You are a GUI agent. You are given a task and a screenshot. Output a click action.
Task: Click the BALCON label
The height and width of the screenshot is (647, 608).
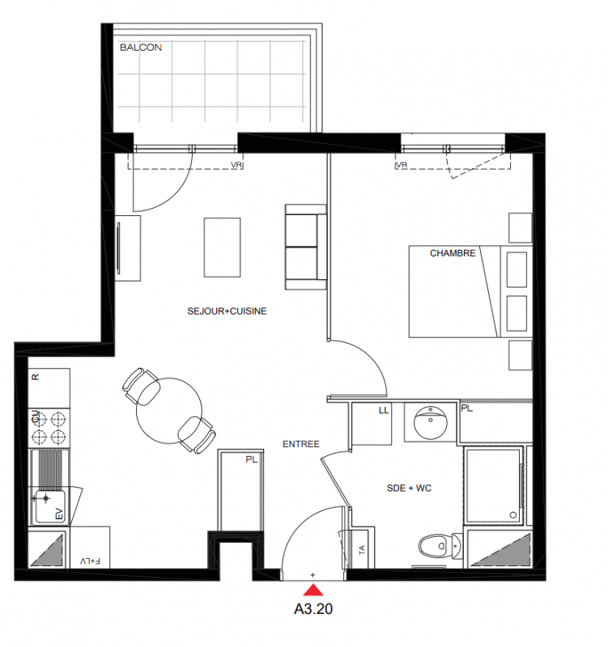[x=140, y=48]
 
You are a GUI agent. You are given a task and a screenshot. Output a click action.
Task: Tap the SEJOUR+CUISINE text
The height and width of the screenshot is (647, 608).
[x=227, y=311]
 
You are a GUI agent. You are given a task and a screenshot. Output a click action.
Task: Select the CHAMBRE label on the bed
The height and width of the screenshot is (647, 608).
[x=453, y=253]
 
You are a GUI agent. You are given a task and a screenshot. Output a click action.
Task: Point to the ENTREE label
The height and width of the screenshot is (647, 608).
[x=300, y=444]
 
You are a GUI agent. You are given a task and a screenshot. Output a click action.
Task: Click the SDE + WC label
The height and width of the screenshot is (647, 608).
[x=409, y=488]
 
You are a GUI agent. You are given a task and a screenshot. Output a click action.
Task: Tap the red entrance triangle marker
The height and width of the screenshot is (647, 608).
[x=313, y=590]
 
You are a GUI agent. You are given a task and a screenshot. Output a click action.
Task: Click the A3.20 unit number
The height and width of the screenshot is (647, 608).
[x=313, y=609]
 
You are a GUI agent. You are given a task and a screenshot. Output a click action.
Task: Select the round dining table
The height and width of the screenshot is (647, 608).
[x=169, y=411]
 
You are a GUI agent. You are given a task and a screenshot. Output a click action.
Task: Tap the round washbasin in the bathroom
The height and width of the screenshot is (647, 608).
[x=431, y=422]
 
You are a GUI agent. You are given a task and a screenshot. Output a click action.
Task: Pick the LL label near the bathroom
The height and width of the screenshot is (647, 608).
[x=384, y=411]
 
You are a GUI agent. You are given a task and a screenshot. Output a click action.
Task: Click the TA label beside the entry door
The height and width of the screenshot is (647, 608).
[x=362, y=550]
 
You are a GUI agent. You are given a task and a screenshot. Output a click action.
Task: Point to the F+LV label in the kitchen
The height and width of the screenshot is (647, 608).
[x=91, y=561]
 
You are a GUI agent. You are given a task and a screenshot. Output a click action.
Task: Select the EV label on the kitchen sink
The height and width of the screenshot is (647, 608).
[x=59, y=514]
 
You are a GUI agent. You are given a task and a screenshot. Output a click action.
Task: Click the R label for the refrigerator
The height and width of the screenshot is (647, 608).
[x=36, y=377]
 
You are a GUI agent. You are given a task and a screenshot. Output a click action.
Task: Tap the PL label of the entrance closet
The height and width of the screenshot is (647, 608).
[x=252, y=459]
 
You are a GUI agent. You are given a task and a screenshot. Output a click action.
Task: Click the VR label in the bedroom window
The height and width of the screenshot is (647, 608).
[x=402, y=165]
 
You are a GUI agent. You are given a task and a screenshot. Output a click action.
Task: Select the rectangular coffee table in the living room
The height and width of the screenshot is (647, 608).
[x=222, y=247]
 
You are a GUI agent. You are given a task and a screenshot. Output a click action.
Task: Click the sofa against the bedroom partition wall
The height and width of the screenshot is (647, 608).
[x=306, y=247]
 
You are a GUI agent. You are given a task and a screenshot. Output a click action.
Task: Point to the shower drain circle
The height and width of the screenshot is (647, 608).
[x=513, y=514]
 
